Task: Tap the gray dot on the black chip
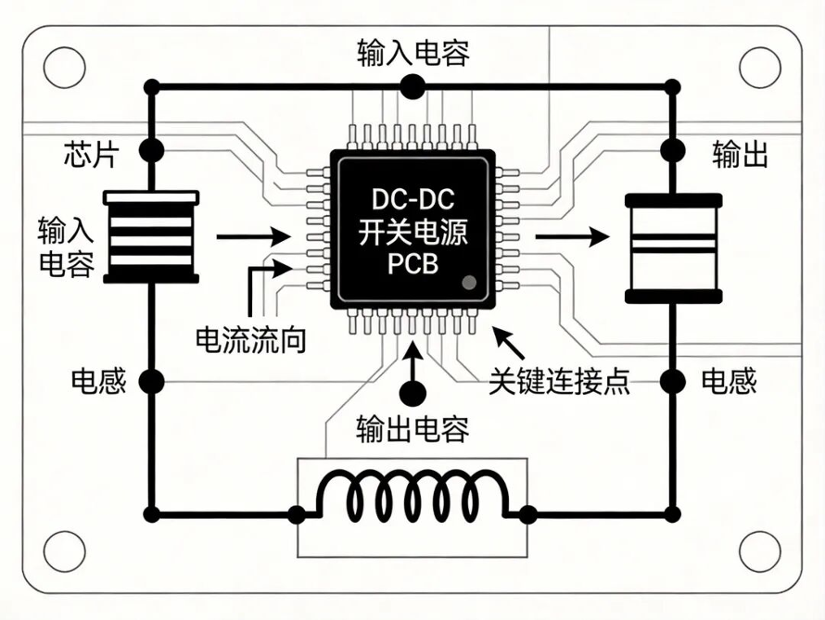[469, 283]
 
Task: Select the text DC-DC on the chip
[413, 199]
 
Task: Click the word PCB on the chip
[413, 263]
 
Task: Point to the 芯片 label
[92, 154]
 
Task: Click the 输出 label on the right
[741, 154]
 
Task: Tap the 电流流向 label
[251, 340]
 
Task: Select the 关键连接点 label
[560, 381]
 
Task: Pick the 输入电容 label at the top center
[413, 53]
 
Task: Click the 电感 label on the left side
[99, 381]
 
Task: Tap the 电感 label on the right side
[730, 381]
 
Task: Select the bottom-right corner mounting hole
[760, 551]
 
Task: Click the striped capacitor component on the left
[151, 237]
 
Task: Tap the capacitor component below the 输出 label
[673, 248]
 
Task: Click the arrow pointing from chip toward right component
[573, 236]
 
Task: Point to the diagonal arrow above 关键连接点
[509, 343]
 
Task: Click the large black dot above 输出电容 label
[412, 393]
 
